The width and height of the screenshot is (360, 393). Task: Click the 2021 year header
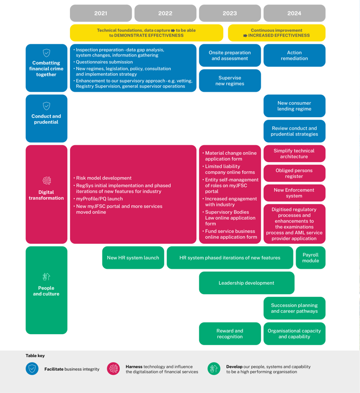(101, 13)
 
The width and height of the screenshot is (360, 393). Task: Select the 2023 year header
(230, 13)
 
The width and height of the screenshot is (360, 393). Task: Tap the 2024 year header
(294, 13)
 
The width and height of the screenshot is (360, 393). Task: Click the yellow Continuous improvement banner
(277, 33)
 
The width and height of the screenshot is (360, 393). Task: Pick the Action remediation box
(294, 55)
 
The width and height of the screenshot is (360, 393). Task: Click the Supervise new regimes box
(230, 81)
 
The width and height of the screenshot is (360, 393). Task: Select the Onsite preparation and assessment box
(230, 55)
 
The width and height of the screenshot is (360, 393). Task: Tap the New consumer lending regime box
(294, 106)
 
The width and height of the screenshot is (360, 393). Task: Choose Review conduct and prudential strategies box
(294, 131)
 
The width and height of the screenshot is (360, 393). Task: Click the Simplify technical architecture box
(294, 154)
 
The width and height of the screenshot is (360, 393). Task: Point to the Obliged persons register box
(294, 173)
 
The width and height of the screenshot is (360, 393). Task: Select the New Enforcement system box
(294, 193)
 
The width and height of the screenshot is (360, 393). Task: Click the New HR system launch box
(133, 258)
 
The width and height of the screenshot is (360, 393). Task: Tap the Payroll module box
(310, 258)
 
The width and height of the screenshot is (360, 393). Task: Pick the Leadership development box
(246, 283)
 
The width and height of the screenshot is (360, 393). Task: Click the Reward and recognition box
(230, 334)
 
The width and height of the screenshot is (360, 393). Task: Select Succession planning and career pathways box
(294, 308)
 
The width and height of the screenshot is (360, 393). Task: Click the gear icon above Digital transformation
(46, 181)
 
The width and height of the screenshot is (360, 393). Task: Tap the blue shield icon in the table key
(32, 369)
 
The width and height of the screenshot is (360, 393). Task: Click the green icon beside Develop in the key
(214, 369)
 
